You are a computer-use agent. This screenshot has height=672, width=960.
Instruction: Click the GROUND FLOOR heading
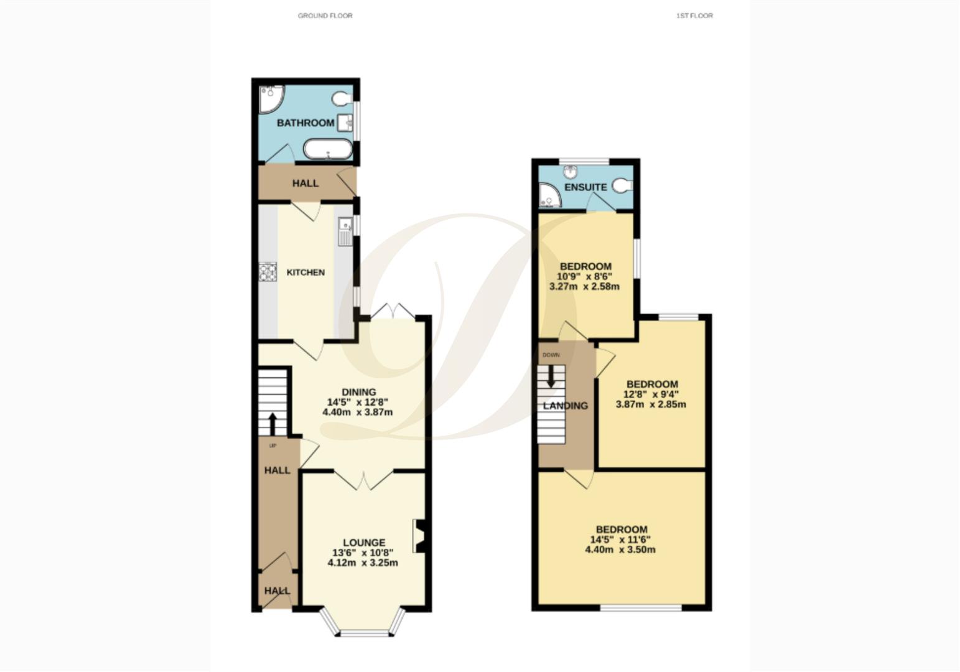tap(325, 16)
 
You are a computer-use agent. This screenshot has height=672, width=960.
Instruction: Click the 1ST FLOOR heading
tap(694, 16)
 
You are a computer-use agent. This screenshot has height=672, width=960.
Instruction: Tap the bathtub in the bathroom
tap(327, 149)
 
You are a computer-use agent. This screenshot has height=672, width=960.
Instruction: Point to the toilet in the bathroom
tap(341, 99)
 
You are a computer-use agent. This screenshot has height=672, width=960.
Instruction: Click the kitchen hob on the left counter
tap(268, 273)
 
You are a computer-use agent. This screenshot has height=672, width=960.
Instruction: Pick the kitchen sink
tap(344, 231)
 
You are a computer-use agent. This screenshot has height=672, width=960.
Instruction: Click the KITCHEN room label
tap(305, 273)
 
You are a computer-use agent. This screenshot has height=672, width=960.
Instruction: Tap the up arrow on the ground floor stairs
tap(273, 424)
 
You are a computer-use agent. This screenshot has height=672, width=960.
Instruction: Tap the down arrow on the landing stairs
tap(551, 377)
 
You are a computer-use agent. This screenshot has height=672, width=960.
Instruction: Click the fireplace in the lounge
tap(419, 536)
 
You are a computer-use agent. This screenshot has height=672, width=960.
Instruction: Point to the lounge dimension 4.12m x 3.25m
tap(363, 563)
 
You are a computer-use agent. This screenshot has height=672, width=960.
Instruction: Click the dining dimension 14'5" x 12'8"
tap(358, 402)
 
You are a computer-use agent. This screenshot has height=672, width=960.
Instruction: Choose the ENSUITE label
tap(585, 187)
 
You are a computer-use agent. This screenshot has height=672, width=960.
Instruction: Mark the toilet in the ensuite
tap(623, 185)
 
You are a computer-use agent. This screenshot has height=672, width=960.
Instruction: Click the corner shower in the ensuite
tap(549, 195)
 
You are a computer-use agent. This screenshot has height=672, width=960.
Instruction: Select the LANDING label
tap(566, 406)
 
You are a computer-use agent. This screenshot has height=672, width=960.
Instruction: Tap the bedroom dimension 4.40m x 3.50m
tap(620, 550)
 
